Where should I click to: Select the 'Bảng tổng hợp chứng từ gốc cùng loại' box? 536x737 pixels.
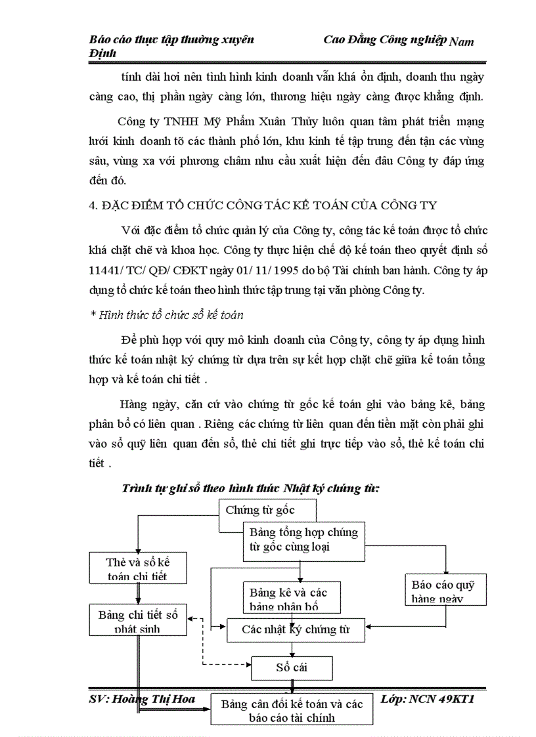[303, 540]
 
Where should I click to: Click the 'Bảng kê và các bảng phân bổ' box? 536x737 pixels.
[284, 597]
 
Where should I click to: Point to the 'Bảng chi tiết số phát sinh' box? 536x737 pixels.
[138, 621]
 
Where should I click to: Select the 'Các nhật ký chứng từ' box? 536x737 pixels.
[295, 630]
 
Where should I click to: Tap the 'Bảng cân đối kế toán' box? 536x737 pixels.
[292, 710]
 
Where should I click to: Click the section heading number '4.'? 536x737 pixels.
[93, 205]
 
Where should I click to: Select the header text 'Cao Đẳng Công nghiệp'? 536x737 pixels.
[385, 40]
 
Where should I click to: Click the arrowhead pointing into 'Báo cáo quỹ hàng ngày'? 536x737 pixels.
[446, 571]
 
